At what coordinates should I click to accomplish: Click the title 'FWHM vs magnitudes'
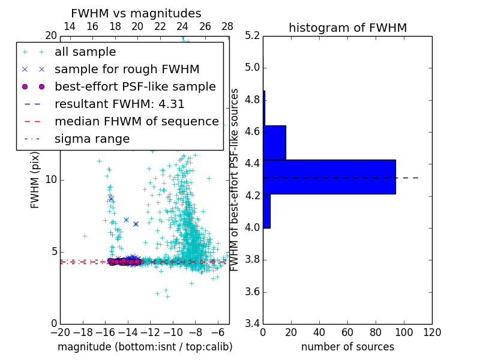pyautogui.click(x=136, y=13)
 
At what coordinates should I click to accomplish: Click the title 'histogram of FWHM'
pyautogui.click(x=347, y=28)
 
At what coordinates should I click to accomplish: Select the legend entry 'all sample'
pyautogui.click(x=85, y=52)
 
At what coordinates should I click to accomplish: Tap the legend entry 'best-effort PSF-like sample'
pyautogui.click(x=135, y=86)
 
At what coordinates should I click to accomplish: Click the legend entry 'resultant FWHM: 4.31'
pyautogui.click(x=119, y=104)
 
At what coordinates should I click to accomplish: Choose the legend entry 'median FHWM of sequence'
pyautogui.click(x=136, y=121)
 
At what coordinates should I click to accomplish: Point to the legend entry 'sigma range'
pyautogui.click(x=92, y=139)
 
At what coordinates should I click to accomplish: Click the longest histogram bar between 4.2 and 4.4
pyautogui.click(x=329, y=177)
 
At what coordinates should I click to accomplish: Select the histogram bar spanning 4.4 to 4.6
pyautogui.click(x=274, y=143)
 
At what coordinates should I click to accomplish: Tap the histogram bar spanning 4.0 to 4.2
pyautogui.click(x=266, y=211)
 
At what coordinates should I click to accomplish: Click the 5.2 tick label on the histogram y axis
pyautogui.click(x=253, y=35)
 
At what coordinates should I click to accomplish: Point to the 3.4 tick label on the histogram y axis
pyautogui.click(x=253, y=324)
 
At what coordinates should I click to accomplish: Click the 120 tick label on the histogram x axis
pyautogui.click(x=432, y=332)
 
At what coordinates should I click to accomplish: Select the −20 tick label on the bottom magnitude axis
pyautogui.click(x=60, y=332)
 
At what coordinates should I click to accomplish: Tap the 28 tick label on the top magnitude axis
pyautogui.click(x=227, y=26)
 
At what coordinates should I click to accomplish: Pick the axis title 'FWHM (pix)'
pyautogui.click(x=35, y=180)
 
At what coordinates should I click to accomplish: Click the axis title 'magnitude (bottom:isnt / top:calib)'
pyautogui.click(x=145, y=347)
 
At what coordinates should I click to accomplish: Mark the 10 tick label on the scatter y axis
pyautogui.click(x=50, y=180)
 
